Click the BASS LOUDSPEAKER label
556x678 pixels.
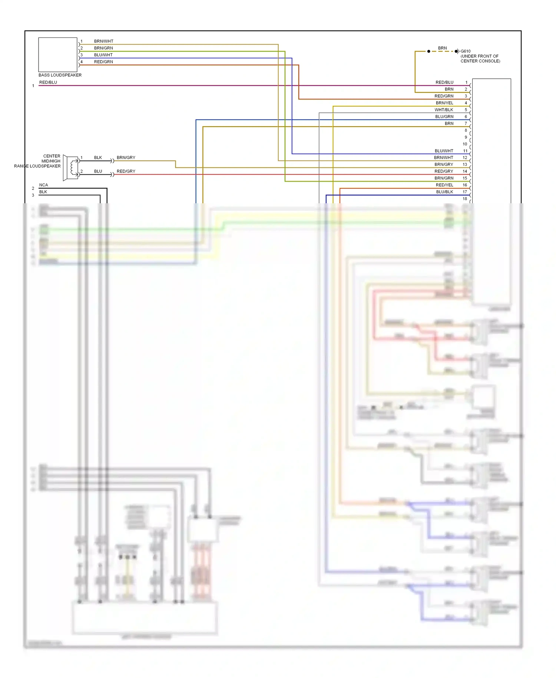(60, 75)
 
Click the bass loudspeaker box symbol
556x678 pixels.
(57, 55)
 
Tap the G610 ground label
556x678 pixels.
(466, 51)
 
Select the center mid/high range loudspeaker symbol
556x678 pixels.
(71, 168)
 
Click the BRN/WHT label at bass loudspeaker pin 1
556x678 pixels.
(103, 41)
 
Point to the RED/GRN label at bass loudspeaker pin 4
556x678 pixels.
(103, 62)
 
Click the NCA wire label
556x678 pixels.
(43, 185)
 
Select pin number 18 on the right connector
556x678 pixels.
(465, 198)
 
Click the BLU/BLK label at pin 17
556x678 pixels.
(444, 192)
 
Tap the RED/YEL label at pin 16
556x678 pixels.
(444, 185)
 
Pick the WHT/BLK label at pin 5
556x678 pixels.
(444, 110)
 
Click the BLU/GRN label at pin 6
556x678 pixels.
(444, 116)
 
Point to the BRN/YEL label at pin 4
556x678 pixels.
(444, 103)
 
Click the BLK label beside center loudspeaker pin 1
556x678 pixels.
(98, 158)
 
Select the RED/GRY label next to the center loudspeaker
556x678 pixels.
(126, 171)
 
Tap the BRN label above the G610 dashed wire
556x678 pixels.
(442, 48)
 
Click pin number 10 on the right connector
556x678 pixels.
(465, 144)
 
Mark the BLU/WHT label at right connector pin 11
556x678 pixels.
(444, 151)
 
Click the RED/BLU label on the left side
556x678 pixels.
(48, 82)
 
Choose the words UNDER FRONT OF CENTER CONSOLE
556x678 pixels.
(480, 59)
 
